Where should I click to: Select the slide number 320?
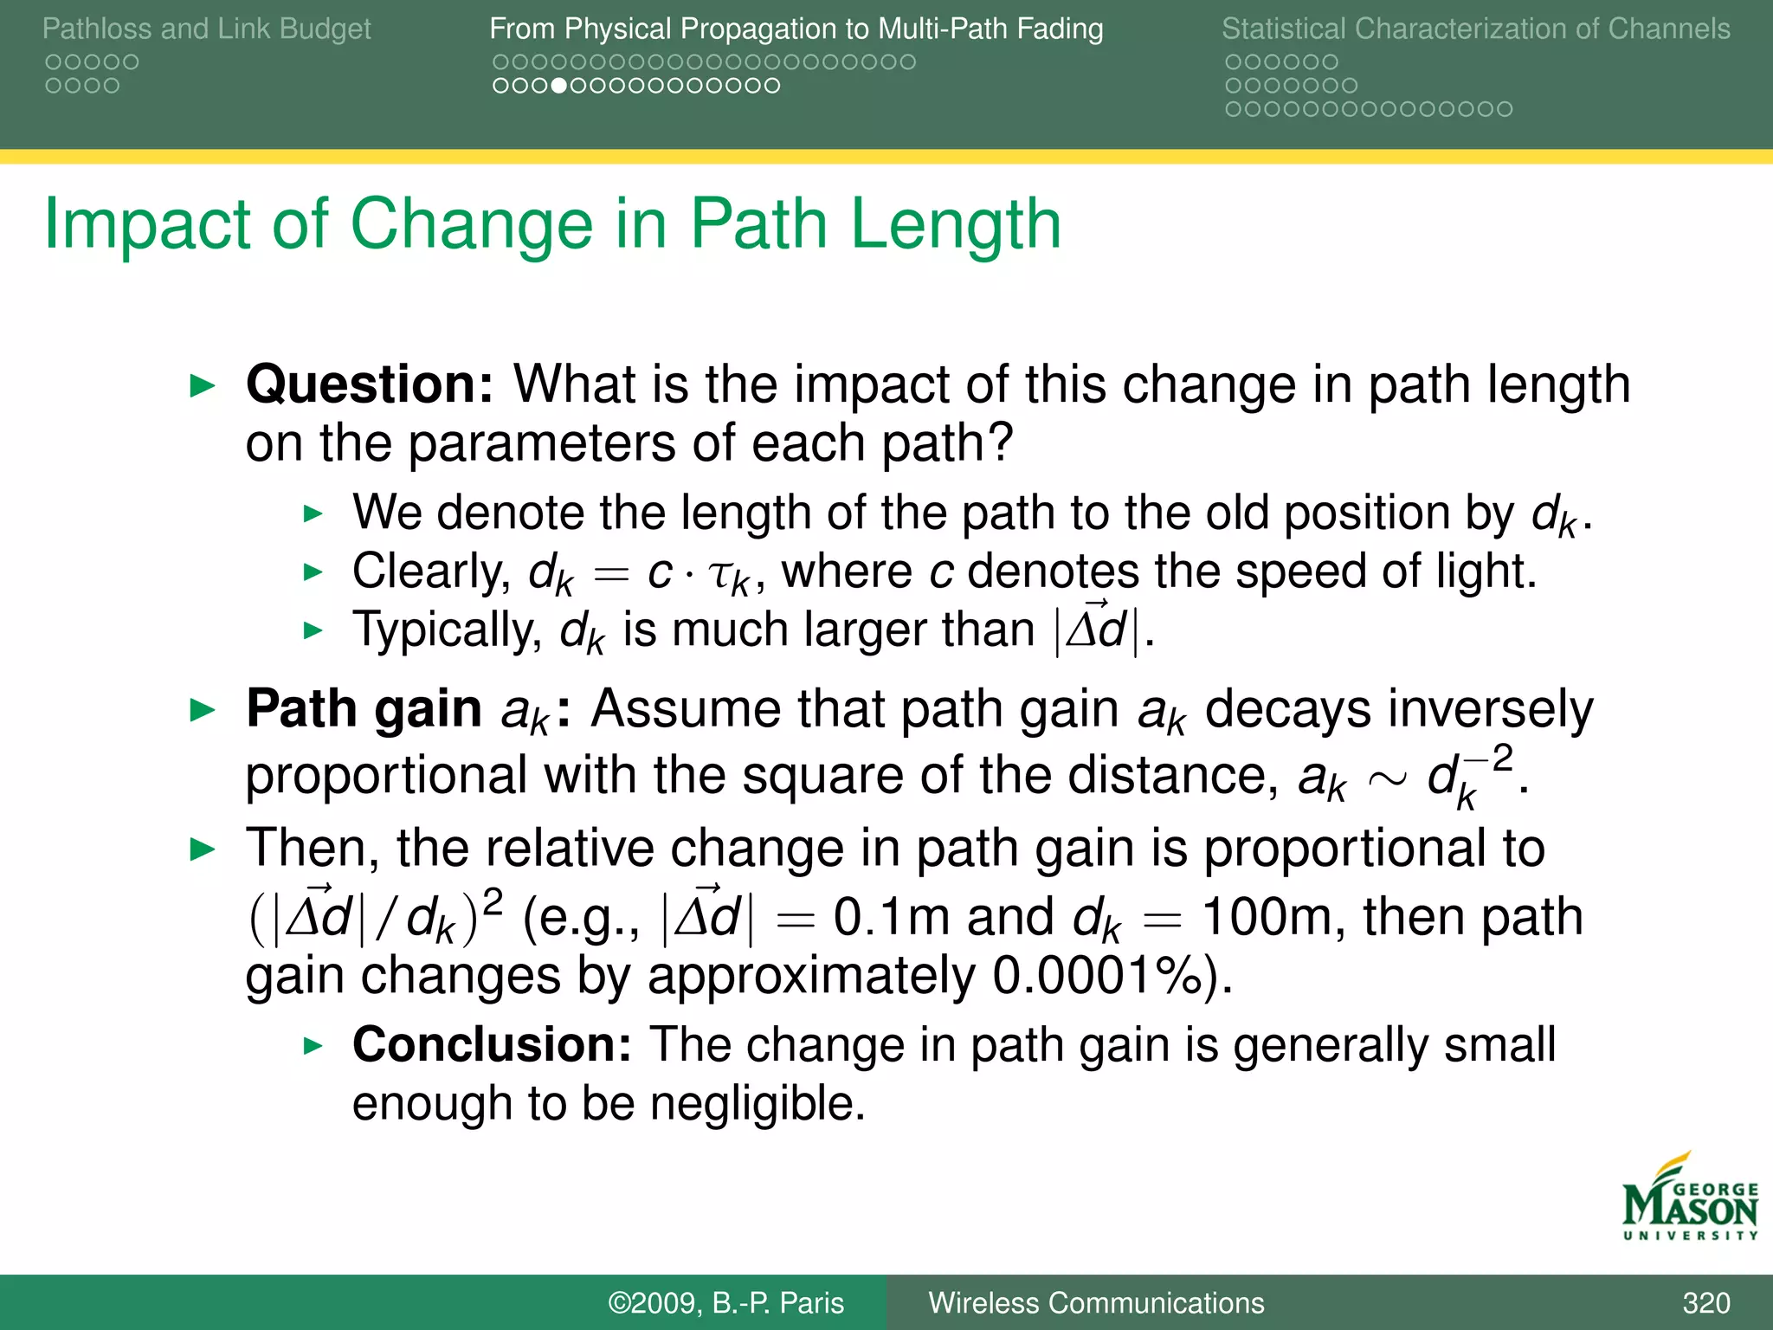1705,1302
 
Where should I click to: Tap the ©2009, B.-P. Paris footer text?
725,1302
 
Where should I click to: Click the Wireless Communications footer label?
1096,1302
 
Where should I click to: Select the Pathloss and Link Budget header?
206,29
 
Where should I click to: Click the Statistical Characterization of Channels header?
1475,29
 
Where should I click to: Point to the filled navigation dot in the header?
558,86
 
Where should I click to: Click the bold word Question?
370,384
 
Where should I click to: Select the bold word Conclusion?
492,1044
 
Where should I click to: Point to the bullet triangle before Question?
202,385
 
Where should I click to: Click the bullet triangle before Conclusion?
313,1046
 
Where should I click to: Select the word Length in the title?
955,224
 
